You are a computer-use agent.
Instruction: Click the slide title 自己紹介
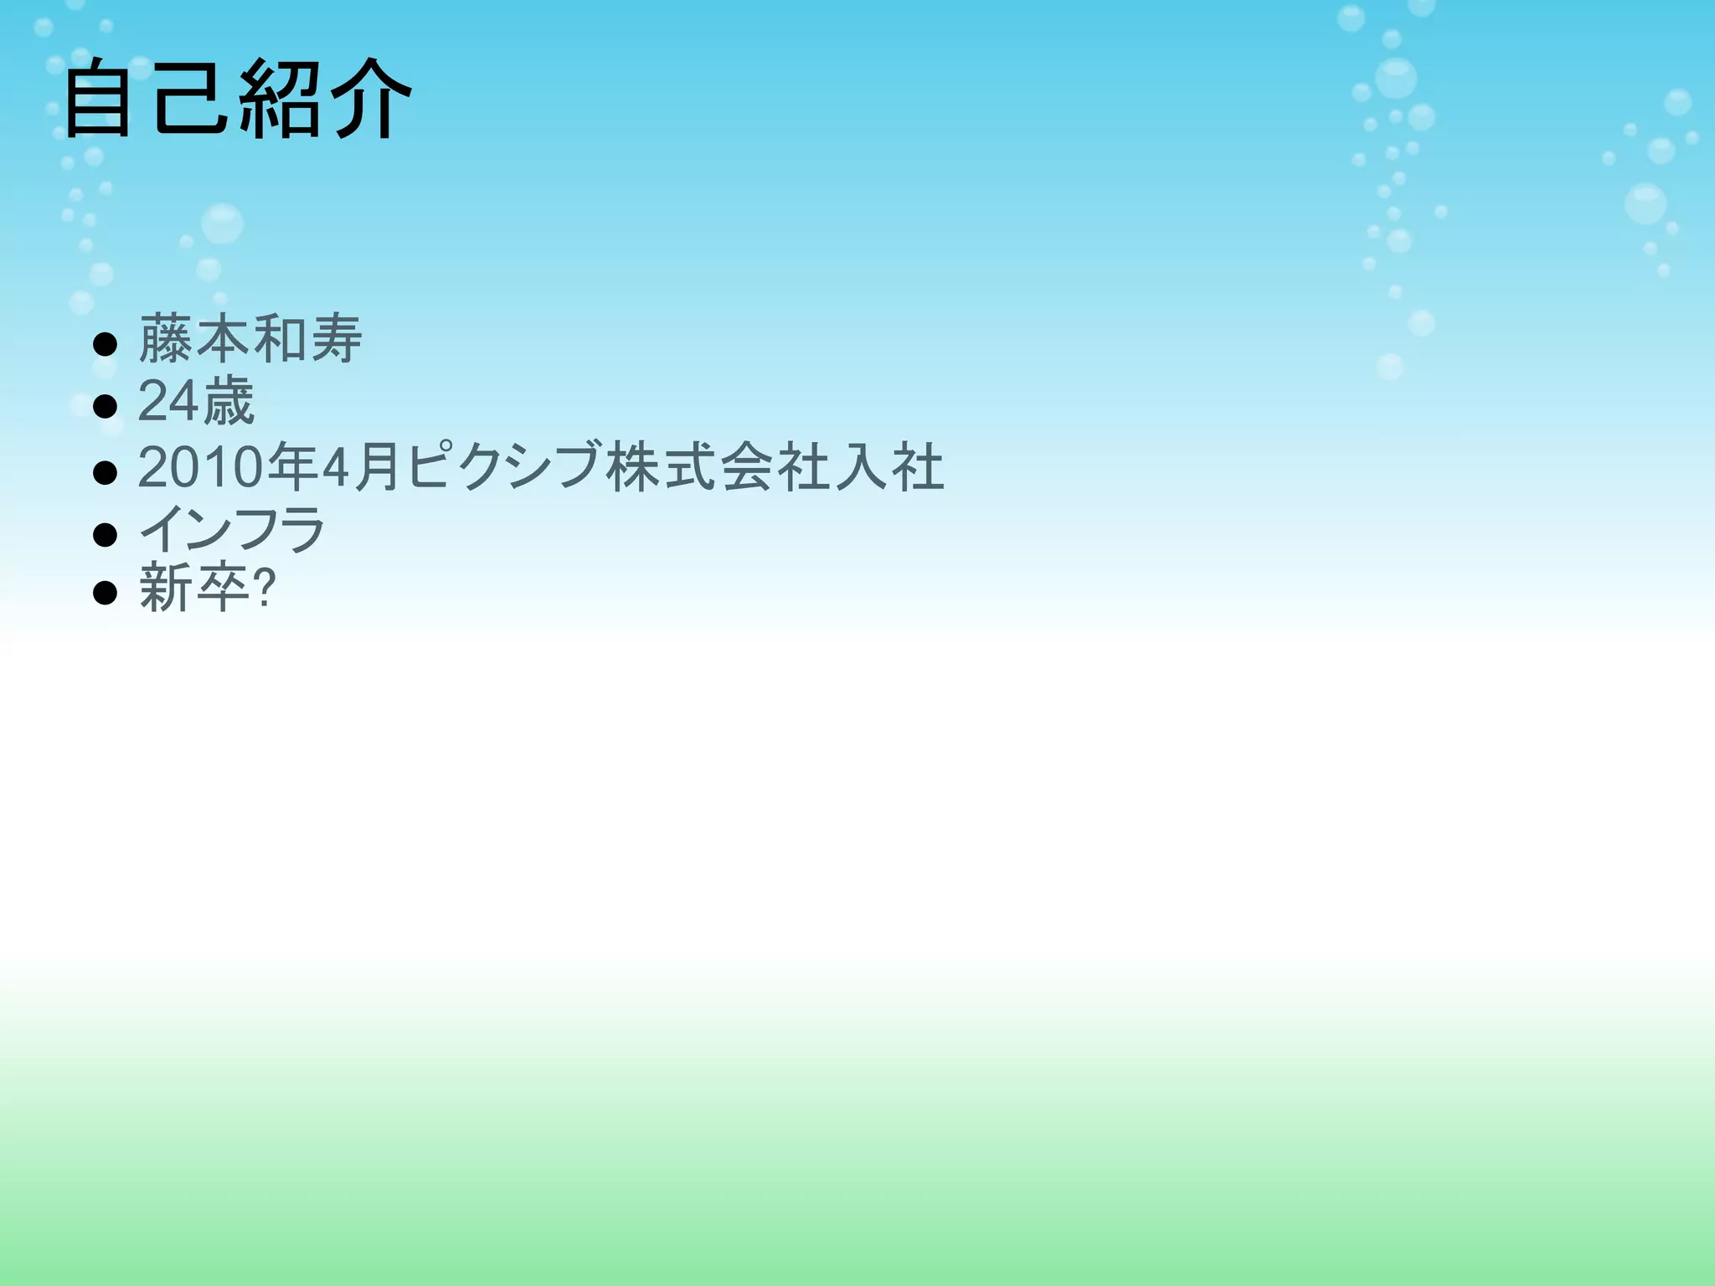point(238,99)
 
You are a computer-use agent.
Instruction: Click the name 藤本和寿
point(250,339)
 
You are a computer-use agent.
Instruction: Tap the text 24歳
point(196,402)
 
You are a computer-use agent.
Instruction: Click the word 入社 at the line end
point(889,466)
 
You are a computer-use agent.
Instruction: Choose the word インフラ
point(232,529)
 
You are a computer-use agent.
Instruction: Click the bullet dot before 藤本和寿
point(105,344)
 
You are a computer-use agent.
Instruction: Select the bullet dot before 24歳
point(105,407)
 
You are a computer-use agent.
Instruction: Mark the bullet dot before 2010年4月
point(105,472)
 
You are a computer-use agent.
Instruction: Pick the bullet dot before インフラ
point(105,534)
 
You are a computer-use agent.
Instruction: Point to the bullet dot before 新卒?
point(105,594)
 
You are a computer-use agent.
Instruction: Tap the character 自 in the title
point(98,99)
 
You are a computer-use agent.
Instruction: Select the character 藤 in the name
point(166,339)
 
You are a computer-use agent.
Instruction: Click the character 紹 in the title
point(280,99)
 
